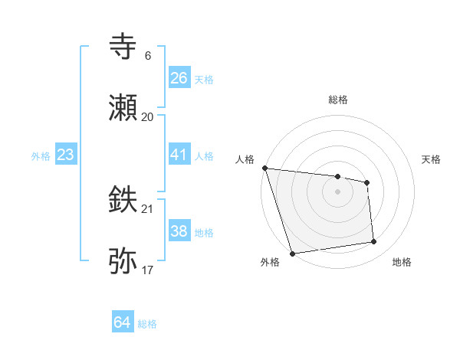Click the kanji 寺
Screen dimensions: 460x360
click(x=124, y=47)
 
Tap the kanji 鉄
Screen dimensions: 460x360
click(x=124, y=201)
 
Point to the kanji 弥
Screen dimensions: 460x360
click(x=124, y=261)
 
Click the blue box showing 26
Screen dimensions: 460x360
click(x=179, y=78)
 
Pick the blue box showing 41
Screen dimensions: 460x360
click(x=179, y=155)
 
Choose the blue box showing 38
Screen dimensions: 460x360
click(x=179, y=231)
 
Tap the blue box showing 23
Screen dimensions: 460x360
click(x=65, y=155)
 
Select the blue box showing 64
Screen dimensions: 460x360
click(x=122, y=322)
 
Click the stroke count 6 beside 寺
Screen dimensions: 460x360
click(x=148, y=55)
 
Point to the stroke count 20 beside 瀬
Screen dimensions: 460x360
click(x=148, y=116)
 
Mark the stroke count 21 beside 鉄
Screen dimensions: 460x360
click(x=148, y=208)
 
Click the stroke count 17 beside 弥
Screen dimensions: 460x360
click(x=148, y=270)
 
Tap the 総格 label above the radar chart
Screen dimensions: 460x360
click(x=338, y=100)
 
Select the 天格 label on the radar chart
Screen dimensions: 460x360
click(x=432, y=159)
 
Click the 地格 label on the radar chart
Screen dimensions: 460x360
click(x=402, y=262)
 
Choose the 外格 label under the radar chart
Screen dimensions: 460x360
click(x=270, y=262)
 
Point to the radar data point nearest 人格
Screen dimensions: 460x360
click(x=264, y=168)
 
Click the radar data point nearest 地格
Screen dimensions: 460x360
click(x=374, y=242)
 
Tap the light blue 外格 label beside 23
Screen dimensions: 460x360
click(x=41, y=155)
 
